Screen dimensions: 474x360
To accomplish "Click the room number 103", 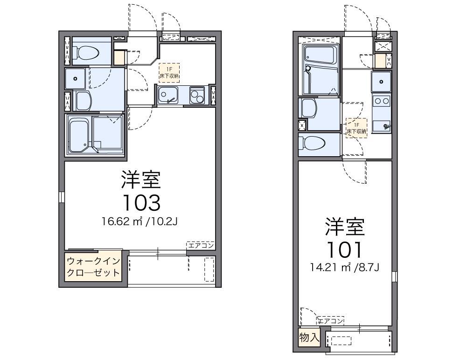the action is click(x=141, y=202).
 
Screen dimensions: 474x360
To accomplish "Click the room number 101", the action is click(x=344, y=249).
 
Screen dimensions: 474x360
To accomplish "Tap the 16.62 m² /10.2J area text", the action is click(x=139, y=222).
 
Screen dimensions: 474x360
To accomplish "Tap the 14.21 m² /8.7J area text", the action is click(x=345, y=267).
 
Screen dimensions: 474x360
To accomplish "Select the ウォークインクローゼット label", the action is click(x=93, y=267).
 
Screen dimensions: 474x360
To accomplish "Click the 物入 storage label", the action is click(x=309, y=337).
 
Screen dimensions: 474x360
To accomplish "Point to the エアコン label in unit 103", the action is click(x=201, y=245).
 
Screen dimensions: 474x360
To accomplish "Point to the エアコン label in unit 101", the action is click(x=330, y=320).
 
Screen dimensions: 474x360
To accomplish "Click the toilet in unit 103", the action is click(x=86, y=53).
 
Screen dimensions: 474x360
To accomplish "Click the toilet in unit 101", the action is click(x=312, y=143).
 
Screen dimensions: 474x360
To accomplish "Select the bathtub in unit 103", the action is click(x=78, y=135).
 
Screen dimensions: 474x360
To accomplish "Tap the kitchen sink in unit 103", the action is click(x=167, y=95).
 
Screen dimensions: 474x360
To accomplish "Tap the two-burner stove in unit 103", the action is click(x=197, y=95).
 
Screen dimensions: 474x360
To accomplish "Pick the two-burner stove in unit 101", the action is click(x=381, y=101).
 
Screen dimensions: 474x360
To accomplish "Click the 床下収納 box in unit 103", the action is click(x=169, y=73).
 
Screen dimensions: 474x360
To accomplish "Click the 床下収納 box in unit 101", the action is click(x=356, y=128).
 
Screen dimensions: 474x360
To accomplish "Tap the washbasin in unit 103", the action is click(x=83, y=100).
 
